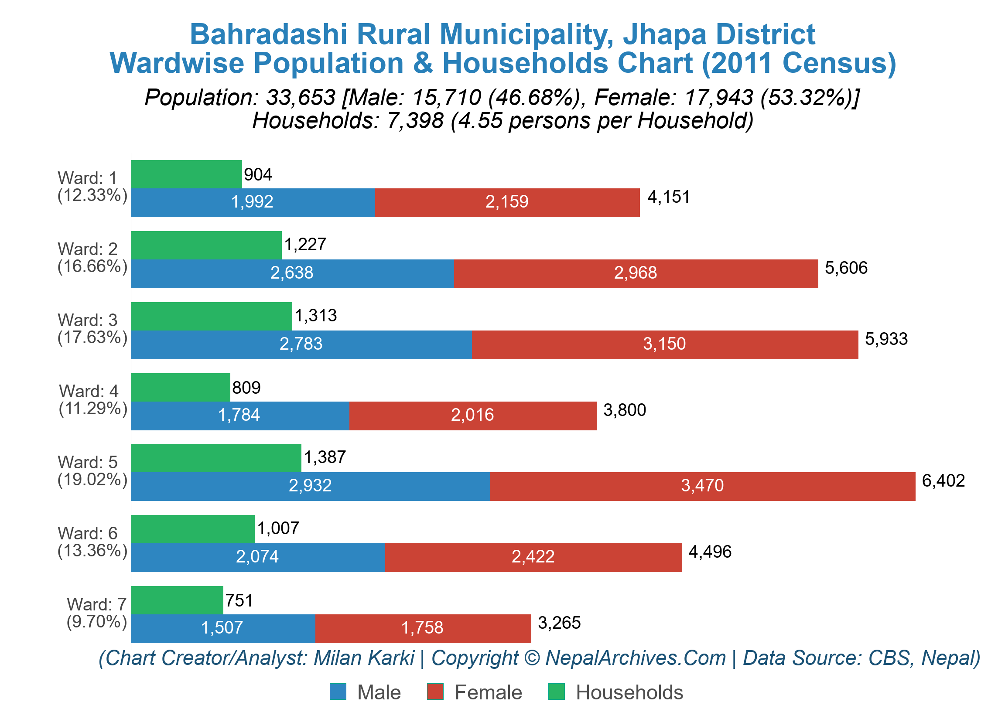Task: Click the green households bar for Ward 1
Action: (186, 174)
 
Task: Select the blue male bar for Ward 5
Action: (310, 486)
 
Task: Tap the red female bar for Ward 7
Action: (422, 628)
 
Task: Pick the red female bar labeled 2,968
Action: (635, 273)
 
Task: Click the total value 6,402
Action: (943, 481)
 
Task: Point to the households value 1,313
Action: (315, 316)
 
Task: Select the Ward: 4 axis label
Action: (93, 399)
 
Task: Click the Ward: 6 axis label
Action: (92, 542)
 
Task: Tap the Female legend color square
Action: (434, 692)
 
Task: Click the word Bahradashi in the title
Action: (268, 34)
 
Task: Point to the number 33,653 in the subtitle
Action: (301, 97)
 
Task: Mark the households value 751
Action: (239, 600)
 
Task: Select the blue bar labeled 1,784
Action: (239, 416)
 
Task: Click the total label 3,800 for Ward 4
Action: (624, 410)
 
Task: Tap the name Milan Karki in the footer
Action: (363, 658)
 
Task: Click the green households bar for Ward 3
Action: (211, 316)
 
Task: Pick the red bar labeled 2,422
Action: (533, 557)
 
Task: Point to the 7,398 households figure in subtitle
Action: (415, 120)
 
